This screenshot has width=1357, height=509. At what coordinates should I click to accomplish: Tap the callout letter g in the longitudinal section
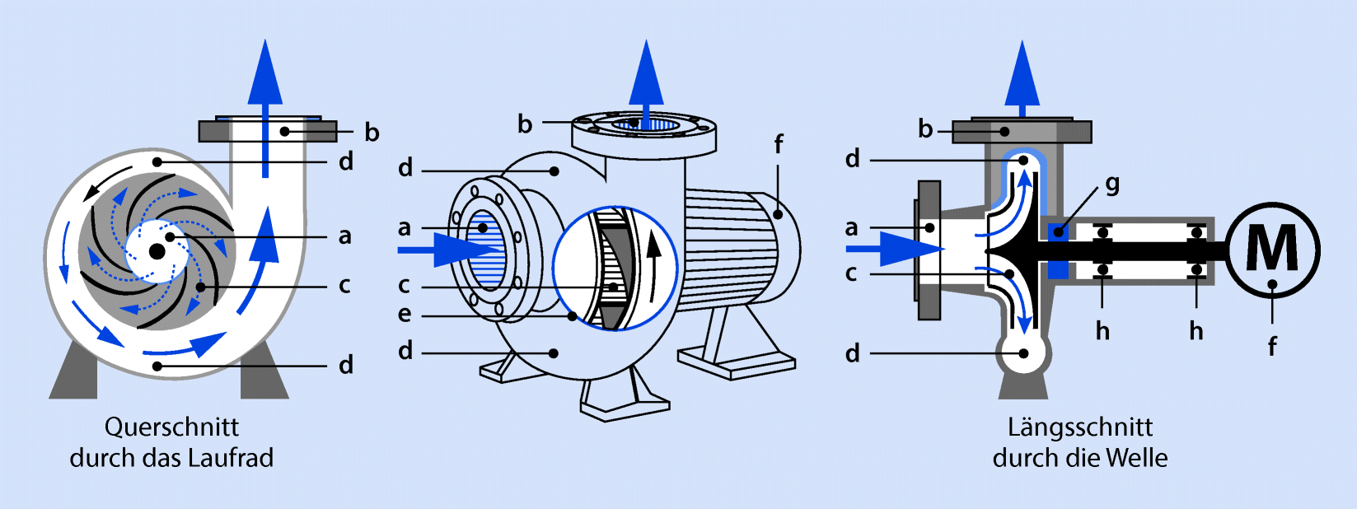[x=1112, y=184]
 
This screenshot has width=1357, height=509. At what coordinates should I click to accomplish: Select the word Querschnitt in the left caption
[x=171, y=427]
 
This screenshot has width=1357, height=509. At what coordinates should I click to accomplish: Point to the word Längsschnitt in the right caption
[x=1080, y=428]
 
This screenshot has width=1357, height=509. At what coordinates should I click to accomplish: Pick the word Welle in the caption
[x=1136, y=458]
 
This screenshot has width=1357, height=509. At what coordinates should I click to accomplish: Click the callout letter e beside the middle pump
[x=405, y=314]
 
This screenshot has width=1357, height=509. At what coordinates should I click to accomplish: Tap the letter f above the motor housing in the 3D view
[x=779, y=145]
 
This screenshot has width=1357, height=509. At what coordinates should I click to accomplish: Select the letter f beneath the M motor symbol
[x=1272, y=347]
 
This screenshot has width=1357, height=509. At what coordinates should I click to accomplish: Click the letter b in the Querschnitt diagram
[x=372, y=132]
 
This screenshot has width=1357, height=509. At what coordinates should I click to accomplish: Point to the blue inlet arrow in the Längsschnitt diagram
[x=896, y=249]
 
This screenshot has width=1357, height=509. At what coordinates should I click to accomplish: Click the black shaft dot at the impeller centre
[x=157, y=250]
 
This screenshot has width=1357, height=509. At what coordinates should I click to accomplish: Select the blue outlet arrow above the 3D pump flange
[x=646, y=85]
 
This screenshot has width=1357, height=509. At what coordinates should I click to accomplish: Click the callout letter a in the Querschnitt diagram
[x=344, y=236]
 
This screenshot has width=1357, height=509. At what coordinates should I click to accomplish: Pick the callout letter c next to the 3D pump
[x=404, y=285]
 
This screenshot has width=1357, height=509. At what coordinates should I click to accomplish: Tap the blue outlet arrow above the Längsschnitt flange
[x=1022, y=79]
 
